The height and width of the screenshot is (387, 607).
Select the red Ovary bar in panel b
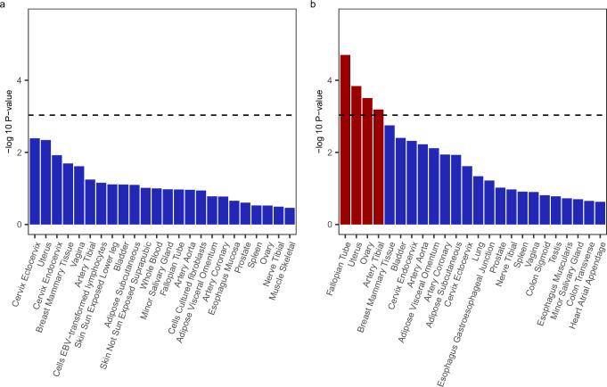367,161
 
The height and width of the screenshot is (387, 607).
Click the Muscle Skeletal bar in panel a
290,217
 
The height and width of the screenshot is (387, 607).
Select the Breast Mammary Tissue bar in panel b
390,175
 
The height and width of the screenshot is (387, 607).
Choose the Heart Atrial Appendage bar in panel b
600,213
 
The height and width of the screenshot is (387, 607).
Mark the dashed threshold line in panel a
160,115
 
